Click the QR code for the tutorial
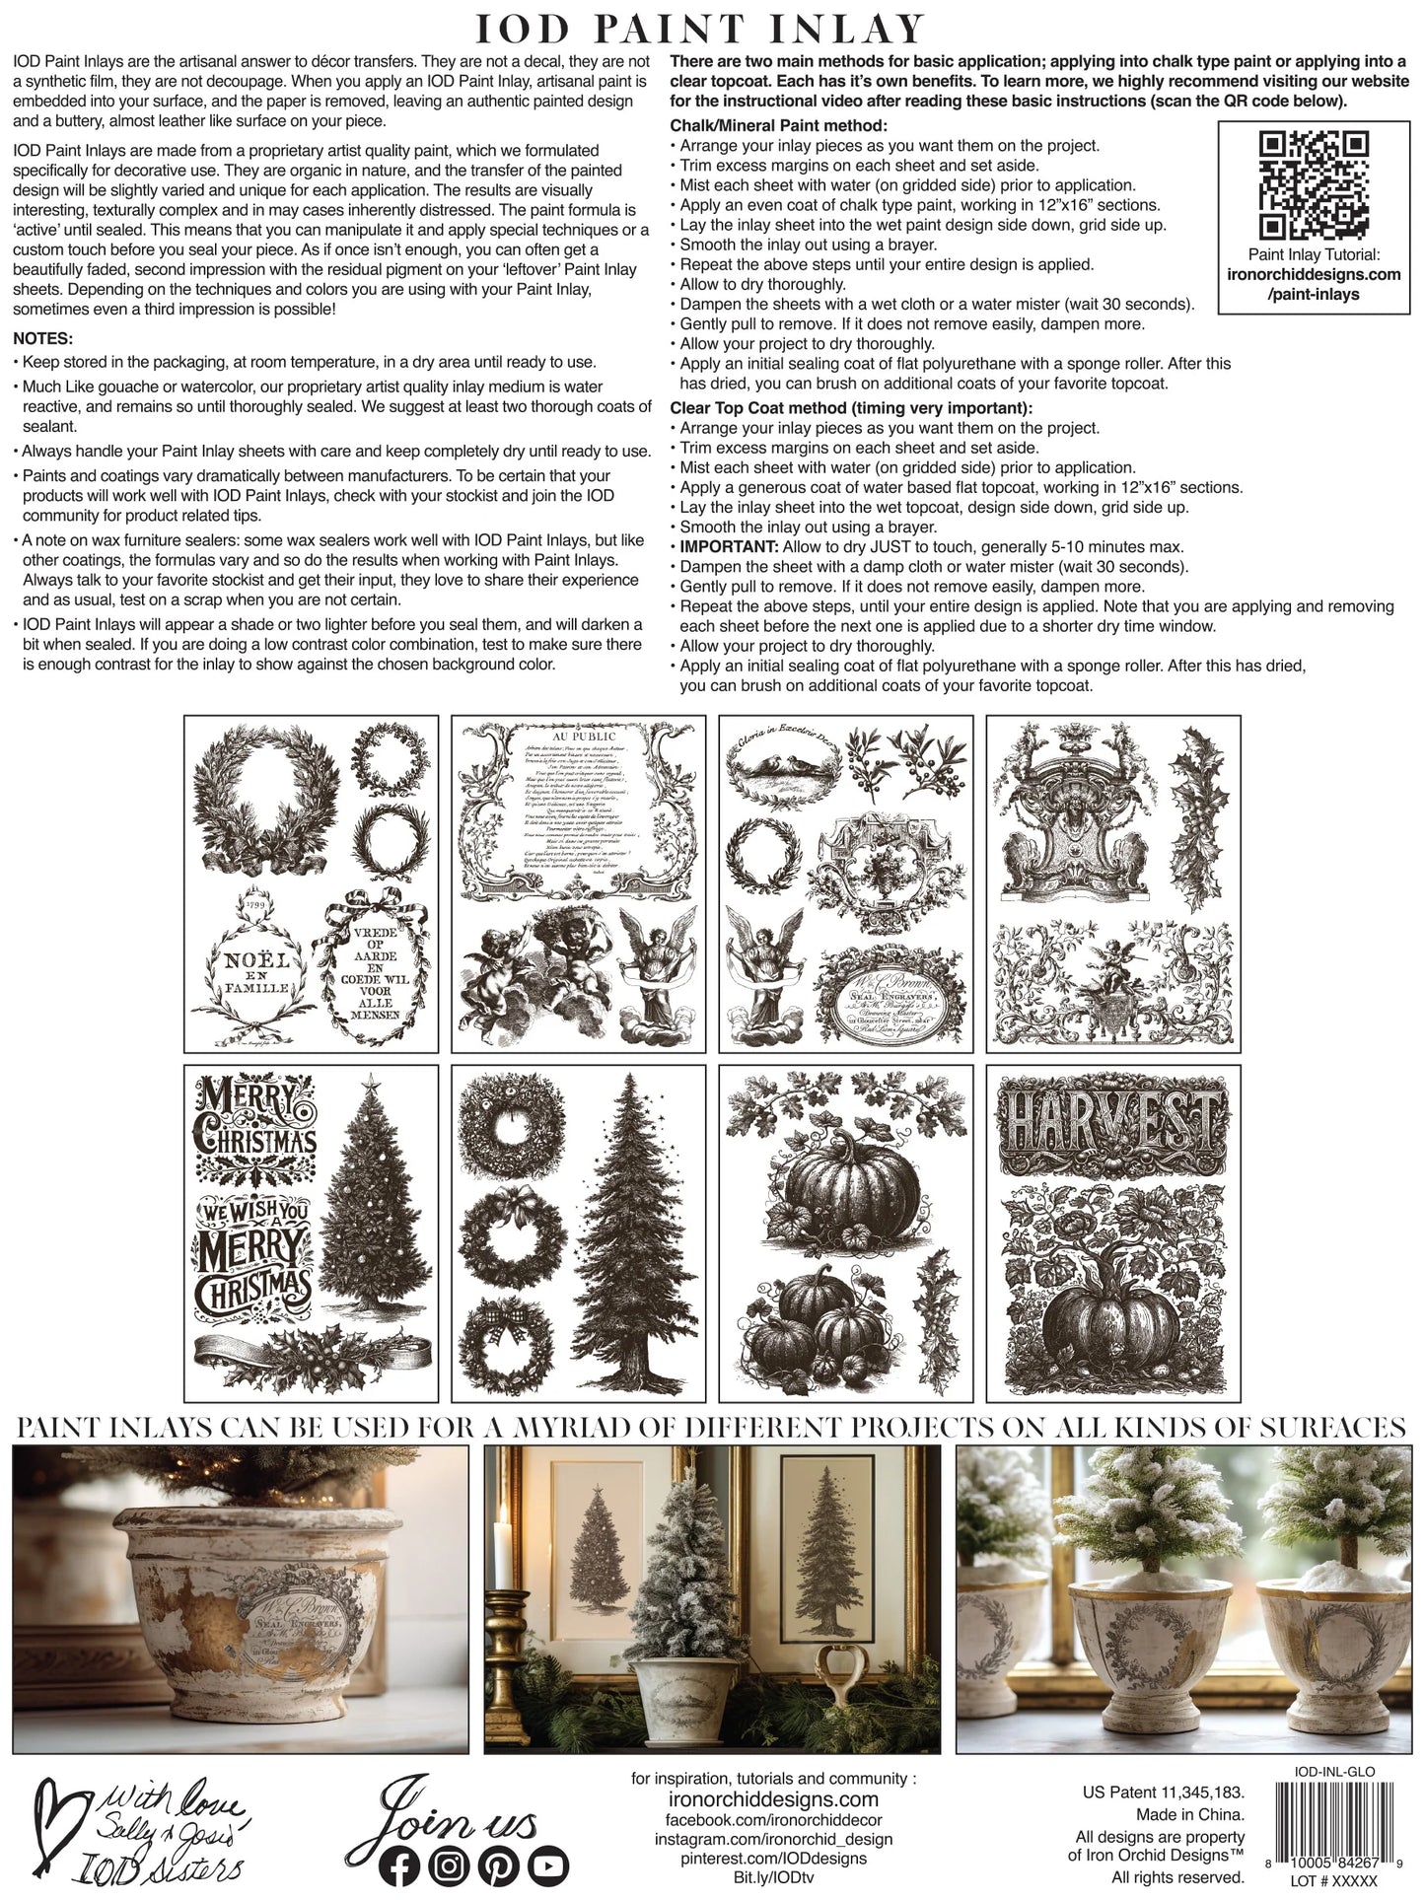[1315, 186]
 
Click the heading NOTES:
[44, 339]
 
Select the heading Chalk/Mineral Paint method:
[778, 126]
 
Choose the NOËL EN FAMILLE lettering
[254, 972]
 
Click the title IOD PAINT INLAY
[701, 29]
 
